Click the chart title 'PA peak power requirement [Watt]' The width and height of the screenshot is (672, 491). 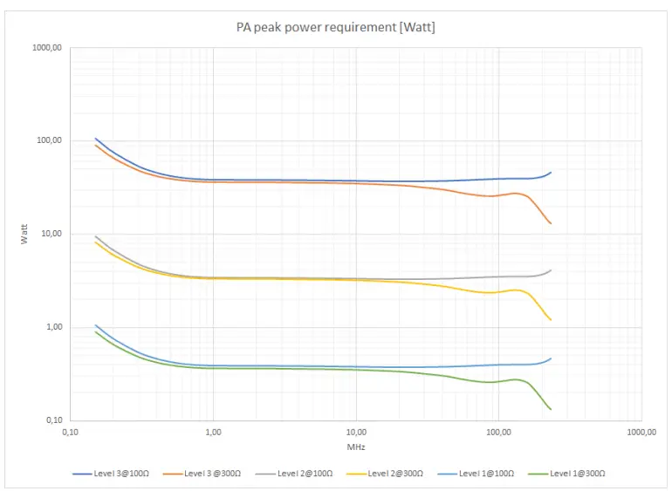pyautogui.click(x=336, y=28)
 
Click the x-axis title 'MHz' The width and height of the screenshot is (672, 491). pyautogui.click(x=355, y=447)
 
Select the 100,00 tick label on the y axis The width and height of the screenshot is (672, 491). pyautogui.click(x=49, y=140)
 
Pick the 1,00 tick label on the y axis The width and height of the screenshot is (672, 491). pyautogui.click(x=52, y=327)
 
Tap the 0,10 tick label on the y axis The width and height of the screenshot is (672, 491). pyautogui.click(x=52, y=420)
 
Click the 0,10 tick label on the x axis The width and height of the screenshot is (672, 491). pyautogui.click(x=71, y=432)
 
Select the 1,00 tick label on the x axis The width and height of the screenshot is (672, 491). pyautogui.click(x=213, y=432)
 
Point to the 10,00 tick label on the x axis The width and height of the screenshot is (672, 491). pyautogui.click(x=355, y=432)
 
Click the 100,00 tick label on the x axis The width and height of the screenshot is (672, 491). pyautogui.click(x=498, y=432)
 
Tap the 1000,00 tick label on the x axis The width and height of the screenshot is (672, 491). pyautogui.click(x=641, y=432)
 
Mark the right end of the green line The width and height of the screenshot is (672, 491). pyautogui.click(x=551, y=410)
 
